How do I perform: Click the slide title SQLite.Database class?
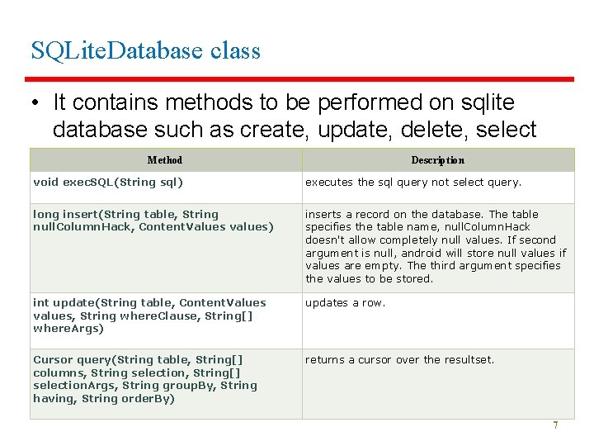click(145, 50)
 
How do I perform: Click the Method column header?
click(165, 160)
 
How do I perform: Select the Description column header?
click(437, 160)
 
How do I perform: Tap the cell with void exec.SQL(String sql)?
click(108, 183)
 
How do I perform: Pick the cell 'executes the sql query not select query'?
click(413, 183)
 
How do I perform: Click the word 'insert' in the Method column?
click(76, 214)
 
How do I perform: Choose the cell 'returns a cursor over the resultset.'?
click(399, 360)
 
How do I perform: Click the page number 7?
click(555, 425)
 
